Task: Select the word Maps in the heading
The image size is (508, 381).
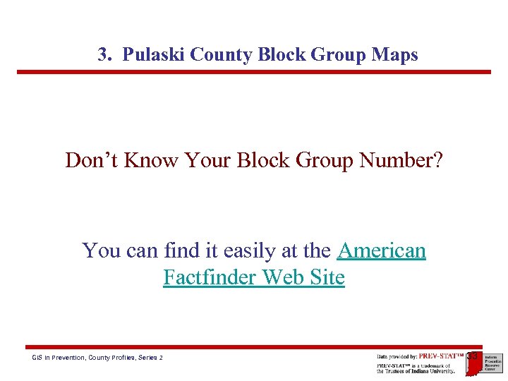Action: (398, 55)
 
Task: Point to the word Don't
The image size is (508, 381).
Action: (92, 160)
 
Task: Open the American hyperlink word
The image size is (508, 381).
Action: (382, 250)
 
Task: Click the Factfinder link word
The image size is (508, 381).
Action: (210, 277)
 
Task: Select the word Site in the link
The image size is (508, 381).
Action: (327, 277)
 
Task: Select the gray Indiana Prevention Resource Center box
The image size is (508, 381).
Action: (492, 363)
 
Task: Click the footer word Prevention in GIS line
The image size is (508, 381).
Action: (66, 358)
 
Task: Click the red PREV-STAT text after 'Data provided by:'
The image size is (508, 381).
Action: (441, 356)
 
